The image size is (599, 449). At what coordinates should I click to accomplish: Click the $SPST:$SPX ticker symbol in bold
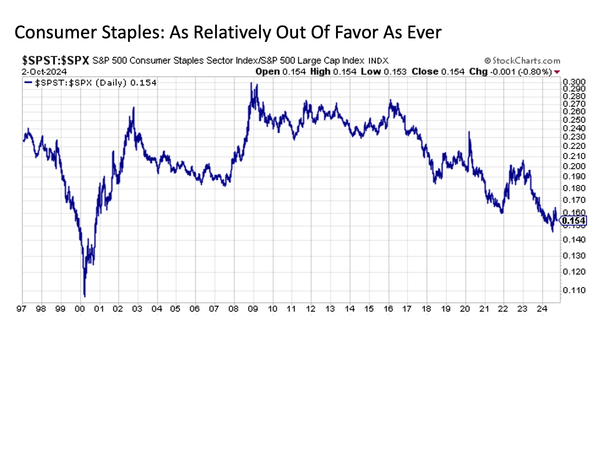56,60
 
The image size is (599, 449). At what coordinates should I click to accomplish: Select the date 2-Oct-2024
44,72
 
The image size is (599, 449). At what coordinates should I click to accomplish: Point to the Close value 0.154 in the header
453,72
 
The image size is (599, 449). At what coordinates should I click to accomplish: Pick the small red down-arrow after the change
557,72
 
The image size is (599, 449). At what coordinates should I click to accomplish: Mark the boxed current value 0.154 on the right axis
573,221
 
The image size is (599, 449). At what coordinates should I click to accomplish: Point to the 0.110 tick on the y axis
574,290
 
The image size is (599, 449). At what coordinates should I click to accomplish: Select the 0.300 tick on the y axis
574,82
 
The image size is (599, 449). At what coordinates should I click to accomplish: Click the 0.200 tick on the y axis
574,166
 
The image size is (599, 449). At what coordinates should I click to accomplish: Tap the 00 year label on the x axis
80,309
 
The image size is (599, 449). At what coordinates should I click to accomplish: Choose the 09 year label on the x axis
253,309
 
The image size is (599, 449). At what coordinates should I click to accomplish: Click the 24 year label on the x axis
542,309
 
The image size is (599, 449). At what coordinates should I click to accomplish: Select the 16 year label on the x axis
388,309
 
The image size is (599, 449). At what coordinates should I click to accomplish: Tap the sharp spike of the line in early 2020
469,132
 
